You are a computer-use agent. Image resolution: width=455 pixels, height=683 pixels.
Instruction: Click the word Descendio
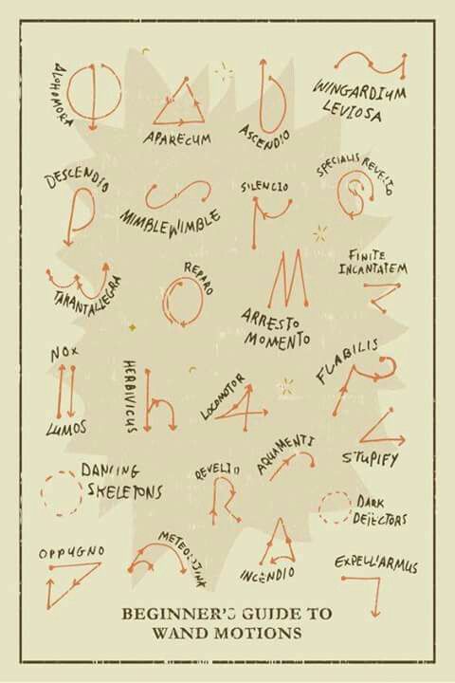click(x=78, y=180)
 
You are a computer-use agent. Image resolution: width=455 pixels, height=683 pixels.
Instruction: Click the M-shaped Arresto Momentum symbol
click(x=286, y=280)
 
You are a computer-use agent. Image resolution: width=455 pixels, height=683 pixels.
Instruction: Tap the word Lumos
click(x=66, y=428)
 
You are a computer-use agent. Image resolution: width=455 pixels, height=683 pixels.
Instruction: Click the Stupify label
click(x=370, y=459)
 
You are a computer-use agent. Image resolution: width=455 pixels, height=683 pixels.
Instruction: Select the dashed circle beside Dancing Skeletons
click(x=62, y=493)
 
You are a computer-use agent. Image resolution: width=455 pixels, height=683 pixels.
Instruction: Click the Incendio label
click(x=267, y=574)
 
